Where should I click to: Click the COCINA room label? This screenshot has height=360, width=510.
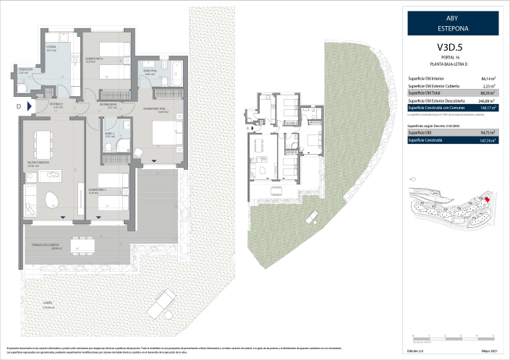coord(51,48)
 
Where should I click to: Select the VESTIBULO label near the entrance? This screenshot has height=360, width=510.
coord(56,106)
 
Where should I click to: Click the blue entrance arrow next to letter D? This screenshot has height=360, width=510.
coord(29,106)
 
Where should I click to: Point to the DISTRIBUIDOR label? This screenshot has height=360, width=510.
coord(109,106)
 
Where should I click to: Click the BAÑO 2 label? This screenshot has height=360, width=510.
coord(109,133)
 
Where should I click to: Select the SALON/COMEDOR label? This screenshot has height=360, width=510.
coord(38,164)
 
